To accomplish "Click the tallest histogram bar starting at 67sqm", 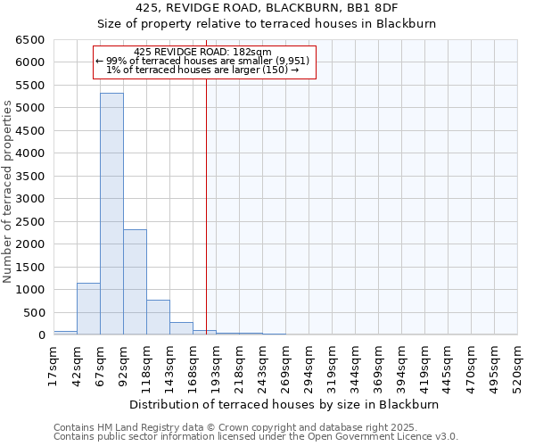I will pyautogui.click(x=111, y=214).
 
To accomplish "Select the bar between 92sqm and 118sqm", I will pyautogui.click(x=135, y=282).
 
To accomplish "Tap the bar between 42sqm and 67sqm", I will pyautogui.click(x=88, y=309).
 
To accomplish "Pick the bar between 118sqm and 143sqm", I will pyautogui.click(x=158, y=318).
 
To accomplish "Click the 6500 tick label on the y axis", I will pyautogui.click(x=30, y=40).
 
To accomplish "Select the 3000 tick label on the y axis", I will pyautogui.click(x=30, y=199).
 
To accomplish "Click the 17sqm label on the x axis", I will pyautogui.click(x=54, y=363).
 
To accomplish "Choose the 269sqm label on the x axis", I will pyautogui.click(x=286, y=366).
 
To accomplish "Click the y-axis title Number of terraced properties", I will pyautogui.click(x=8, y=192).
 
